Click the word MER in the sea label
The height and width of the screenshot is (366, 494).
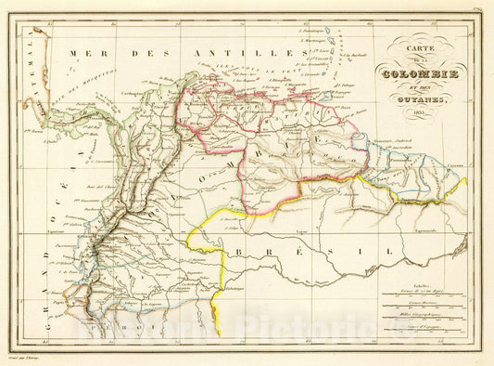95,55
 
